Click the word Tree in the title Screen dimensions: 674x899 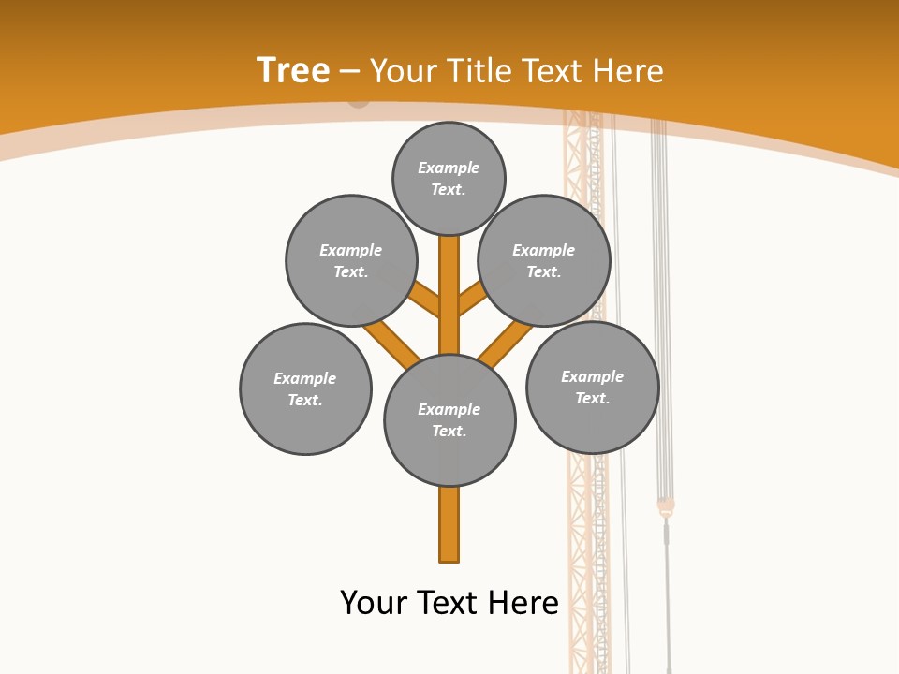[x=293, y=70]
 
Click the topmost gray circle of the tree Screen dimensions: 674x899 [x=449, y=179]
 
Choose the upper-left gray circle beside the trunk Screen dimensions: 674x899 [x=351, y=260]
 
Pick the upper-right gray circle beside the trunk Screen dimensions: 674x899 [x=544, y=260]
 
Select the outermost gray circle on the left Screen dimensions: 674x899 [x=305, y=388]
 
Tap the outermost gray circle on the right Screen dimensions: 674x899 [x=593, y=387]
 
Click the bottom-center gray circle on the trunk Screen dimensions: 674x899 [x=449, y=420]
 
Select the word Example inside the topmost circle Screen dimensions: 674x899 [x=449, y=168]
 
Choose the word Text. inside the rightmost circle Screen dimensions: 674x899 [x=592, y=398]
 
